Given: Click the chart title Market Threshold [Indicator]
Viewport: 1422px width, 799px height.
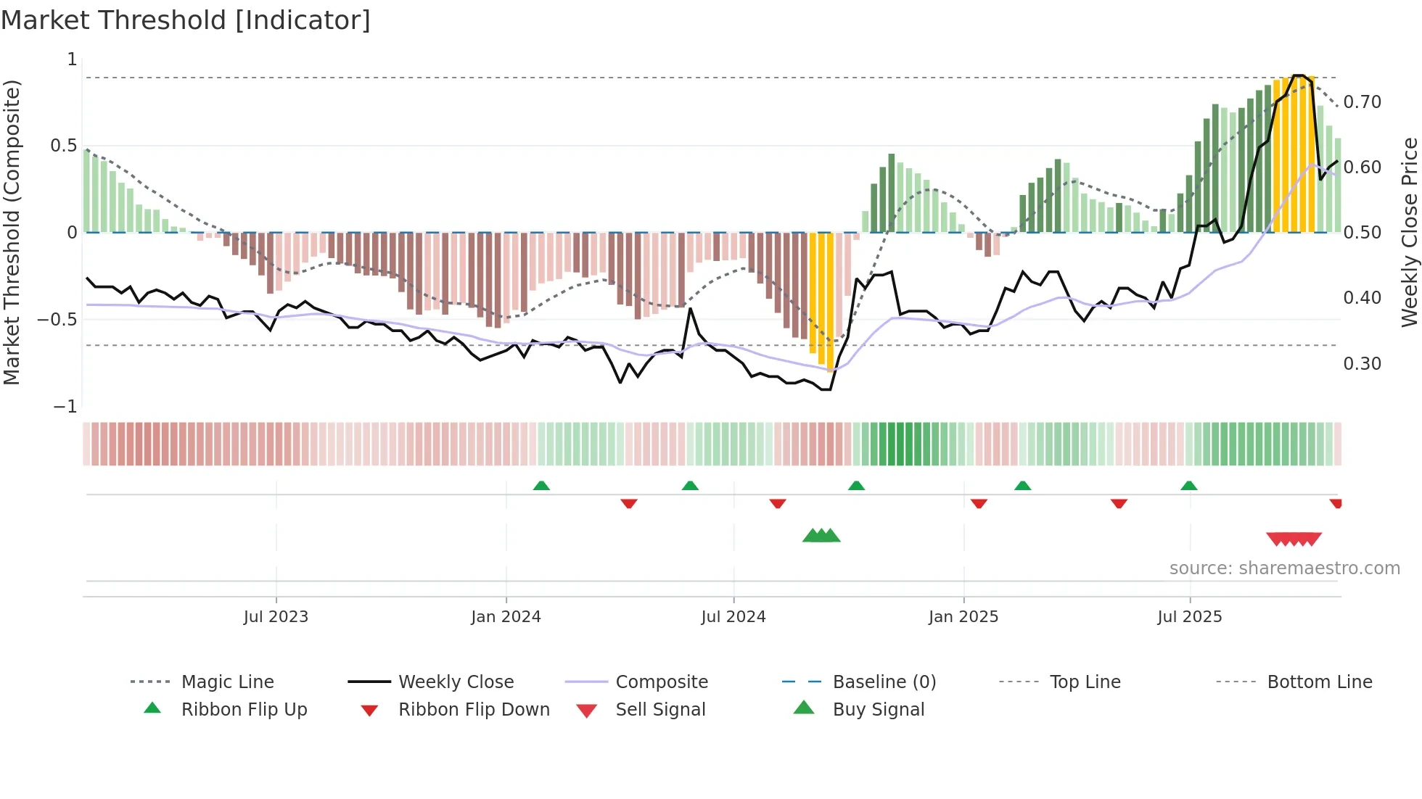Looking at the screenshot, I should pos(186,20).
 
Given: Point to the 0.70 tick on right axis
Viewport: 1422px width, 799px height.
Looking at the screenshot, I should pos(1362,102).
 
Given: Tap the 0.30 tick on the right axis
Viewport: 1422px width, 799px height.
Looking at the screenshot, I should pos(1362,363).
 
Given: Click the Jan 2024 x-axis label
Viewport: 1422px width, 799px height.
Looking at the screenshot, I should pos(506,617).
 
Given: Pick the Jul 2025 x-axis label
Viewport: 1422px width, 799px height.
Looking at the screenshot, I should pos(1189,617).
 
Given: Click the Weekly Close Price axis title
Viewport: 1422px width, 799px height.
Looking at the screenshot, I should pos(1409,232).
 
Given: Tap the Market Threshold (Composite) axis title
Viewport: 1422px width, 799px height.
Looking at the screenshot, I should pos(12,232).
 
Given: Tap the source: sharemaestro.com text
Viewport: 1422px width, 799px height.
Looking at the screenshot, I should pos(1284,568).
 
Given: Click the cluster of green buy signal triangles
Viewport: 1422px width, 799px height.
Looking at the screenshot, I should pos(821,536).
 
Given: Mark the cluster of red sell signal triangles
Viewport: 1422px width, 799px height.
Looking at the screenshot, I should pos(1294,539).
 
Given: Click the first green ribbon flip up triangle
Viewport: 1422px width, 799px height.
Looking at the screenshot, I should pos(541,486).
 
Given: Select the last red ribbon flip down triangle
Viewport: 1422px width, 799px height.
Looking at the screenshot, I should pos(1336,503).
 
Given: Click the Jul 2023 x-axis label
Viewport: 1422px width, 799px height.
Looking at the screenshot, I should pos(276,617).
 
